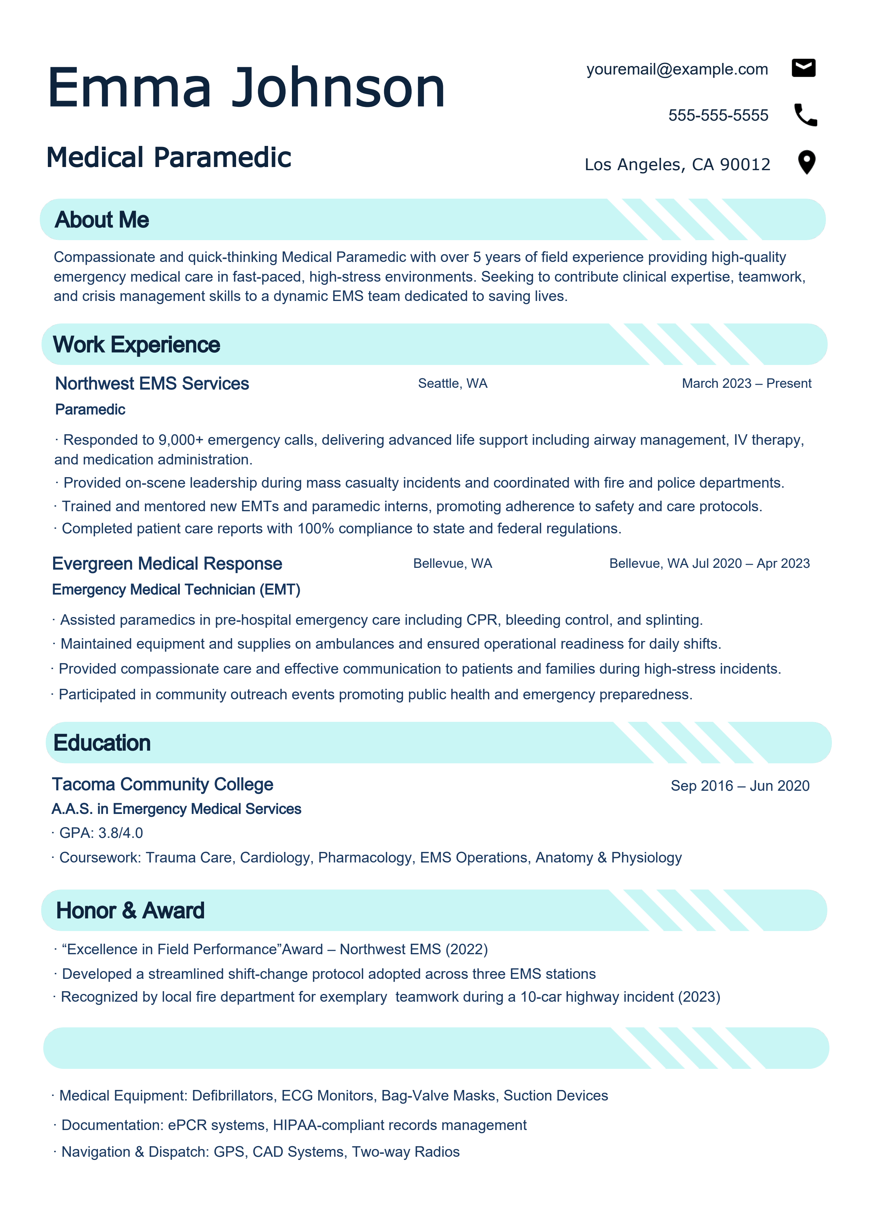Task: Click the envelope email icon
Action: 803,68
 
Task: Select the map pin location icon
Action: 807,162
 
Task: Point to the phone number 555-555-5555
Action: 718,115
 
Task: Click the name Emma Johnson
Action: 246,88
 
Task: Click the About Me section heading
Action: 102,220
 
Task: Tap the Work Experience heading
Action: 136,345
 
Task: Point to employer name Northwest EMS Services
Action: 152,384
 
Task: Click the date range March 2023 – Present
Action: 746,384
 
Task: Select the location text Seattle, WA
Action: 453,384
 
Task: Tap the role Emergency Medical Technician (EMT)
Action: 176,590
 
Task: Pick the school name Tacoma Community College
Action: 162,784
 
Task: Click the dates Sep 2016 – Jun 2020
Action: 740,786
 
